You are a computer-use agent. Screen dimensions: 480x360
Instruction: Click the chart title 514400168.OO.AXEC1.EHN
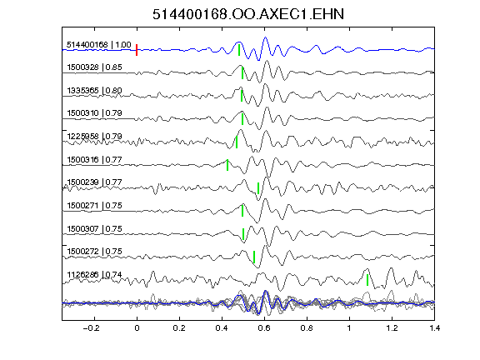pyautogui.click(x=248, y=14)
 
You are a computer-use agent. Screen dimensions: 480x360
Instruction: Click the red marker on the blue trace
pyautogui.click(x=137, y=50)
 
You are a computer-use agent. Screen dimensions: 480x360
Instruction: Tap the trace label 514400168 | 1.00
pyautogui.click(x=99, y=45)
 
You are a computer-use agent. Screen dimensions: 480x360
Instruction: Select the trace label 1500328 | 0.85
pyautogui.click(x=95, y=67)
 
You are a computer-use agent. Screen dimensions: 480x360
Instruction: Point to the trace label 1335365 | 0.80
pyautogui.click(x=95, y=90)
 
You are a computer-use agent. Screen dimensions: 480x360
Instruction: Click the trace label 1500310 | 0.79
pyautogui.click(x=95, y=113)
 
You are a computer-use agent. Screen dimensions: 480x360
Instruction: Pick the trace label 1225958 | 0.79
pyautogui.click(x=95, y=136)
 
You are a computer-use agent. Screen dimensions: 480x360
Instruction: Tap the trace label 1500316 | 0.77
pyautogui.click(x=95, y=159)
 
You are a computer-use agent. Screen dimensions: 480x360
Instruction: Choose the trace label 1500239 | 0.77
pyautogui.click(x=95, y=182)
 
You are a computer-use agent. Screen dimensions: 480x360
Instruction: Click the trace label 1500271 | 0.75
pyautogui.click(x=95, y=205)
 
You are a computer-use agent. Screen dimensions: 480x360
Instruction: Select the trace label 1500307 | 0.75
pyautogui.click(x=95, y=228)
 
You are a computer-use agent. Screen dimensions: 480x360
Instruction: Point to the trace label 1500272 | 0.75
pyautogui.click(x=95, y=252)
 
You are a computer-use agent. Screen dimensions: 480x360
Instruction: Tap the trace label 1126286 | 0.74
pyautogui.click(x=95, y=275)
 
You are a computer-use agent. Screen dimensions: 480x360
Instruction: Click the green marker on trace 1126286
pyautogui.click(x=367, y=280)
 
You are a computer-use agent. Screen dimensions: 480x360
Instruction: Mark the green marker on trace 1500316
pyautogui.click(x=227, y=165)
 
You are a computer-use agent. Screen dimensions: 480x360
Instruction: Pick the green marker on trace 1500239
pyautogui.click(x=258, y=188)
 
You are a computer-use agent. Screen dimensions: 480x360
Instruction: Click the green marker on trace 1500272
pyautogui.click(x=254, y=257)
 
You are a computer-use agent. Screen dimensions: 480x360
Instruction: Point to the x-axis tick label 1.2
pyautogui.click(x=392, y=328)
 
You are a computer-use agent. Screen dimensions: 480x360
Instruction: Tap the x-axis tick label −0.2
pyautogui.click(x=92, y=328)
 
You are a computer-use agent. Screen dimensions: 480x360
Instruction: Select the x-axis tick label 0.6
pyautogui.click(x=264, y=328)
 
